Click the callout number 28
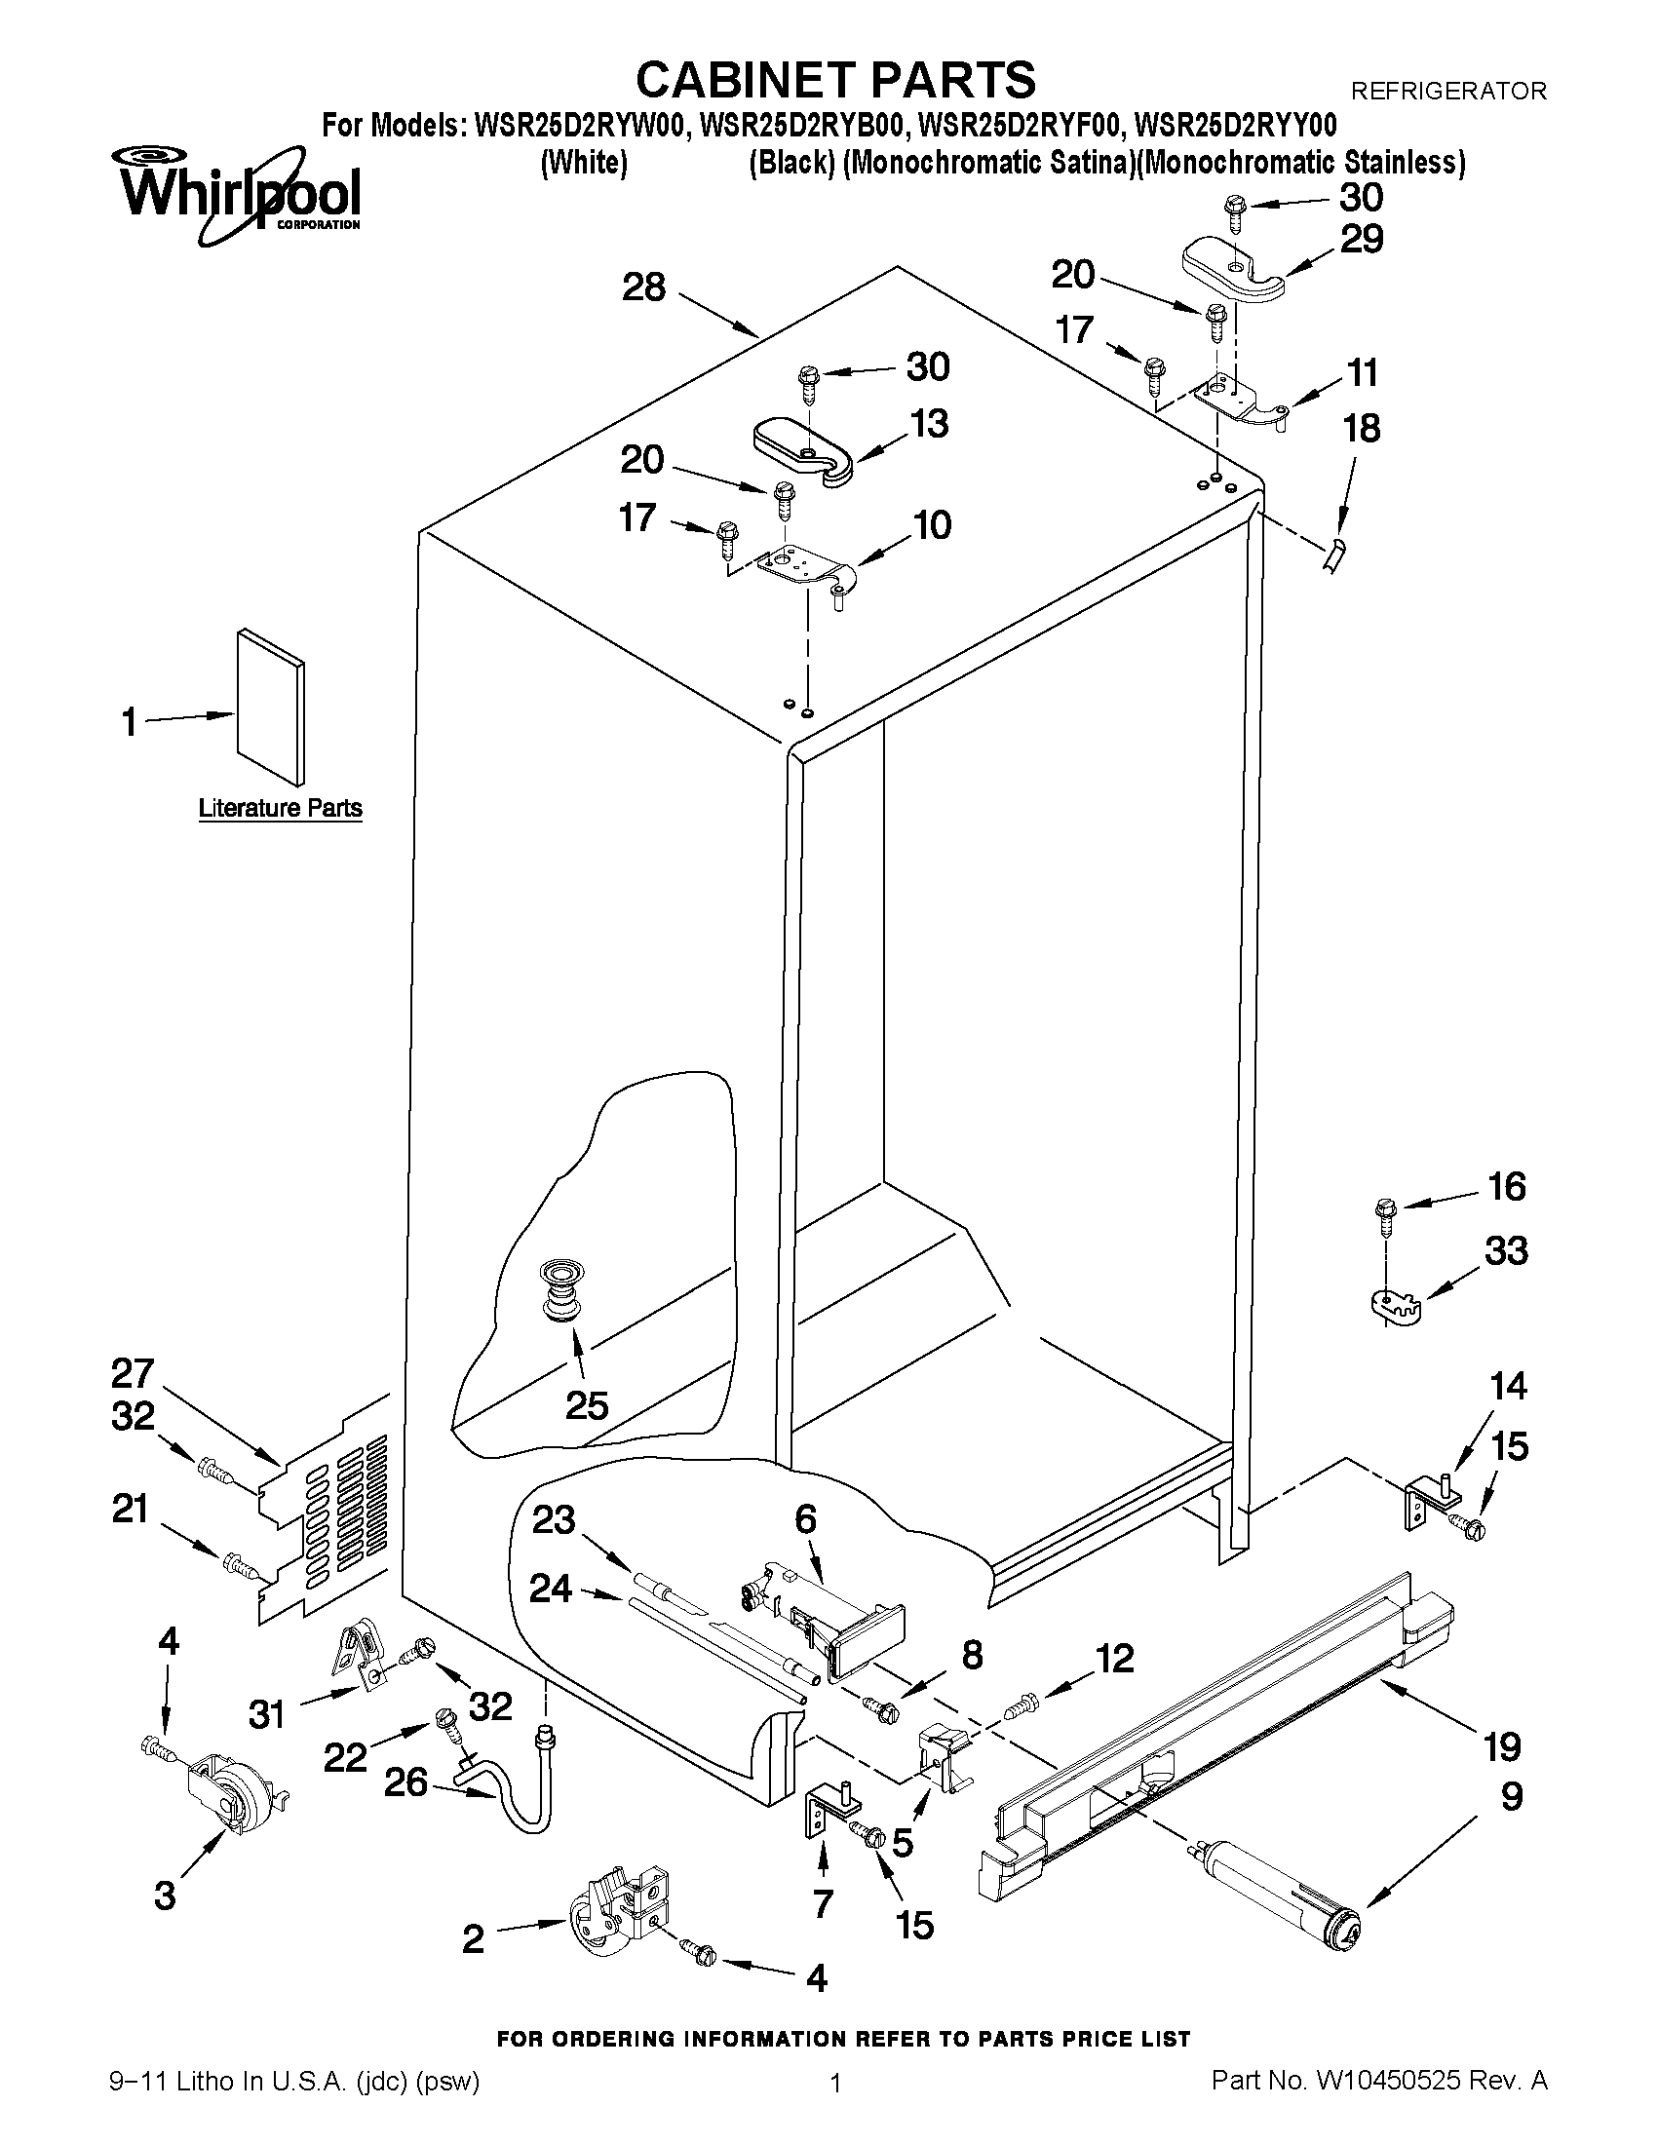click(644, 287)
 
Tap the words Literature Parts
click(280, 808)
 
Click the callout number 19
click(1502, 1746)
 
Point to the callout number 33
click(1506, 1251)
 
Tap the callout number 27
click(133, 1373)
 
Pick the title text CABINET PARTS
click(835, 79)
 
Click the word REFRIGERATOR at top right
click(1447, 92)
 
